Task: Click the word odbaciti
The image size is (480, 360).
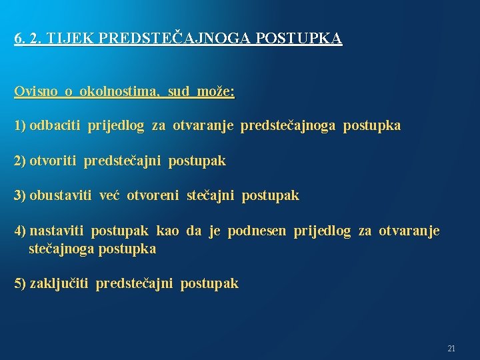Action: [x=55, y=125]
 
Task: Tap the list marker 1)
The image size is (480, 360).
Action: [x=19, y=125]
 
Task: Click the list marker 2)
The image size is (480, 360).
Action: [x=19, y=161]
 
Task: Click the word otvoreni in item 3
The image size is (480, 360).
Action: [x=153, y=196]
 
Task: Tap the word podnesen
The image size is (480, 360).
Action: [x=257, y=231]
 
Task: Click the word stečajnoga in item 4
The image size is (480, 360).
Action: [x=61, y=249]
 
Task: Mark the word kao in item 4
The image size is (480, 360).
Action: [x=167, y=231]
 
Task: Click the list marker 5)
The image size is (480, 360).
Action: [x=19, y=283]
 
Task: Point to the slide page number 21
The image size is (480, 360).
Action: [x=451, y=349]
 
